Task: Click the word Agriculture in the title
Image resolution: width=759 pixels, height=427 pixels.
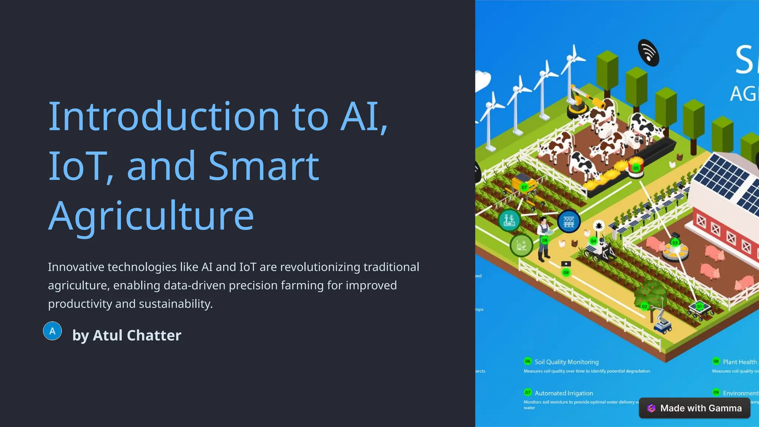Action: (x=151, y=216)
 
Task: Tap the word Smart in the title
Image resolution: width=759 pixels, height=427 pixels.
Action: (x=264, y=166)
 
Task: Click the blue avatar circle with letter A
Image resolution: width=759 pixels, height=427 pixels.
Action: (x=53, y=331)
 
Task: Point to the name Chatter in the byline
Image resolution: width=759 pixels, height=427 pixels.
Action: (x=154, y=335)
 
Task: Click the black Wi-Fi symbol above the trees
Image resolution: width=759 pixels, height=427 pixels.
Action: (x=648, y=53)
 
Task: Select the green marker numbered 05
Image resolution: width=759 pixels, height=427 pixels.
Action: (x=636, y=168)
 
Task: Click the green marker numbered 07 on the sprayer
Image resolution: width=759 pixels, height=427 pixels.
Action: (x=524, y=188)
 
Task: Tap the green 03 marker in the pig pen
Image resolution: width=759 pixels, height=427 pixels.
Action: (x=675, y=243)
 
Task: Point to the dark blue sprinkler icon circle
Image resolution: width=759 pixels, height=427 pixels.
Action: (x=569, y=222)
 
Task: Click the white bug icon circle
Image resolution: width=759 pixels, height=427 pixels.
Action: (x=599, y=225)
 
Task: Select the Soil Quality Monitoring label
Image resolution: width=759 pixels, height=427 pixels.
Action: (x=566, y=362)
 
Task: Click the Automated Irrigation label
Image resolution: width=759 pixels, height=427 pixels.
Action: (x=563, y=393)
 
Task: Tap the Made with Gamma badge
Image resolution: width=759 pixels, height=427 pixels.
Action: (x=695, y=408)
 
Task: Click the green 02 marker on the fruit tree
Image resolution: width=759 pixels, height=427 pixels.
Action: (x=644, y=307)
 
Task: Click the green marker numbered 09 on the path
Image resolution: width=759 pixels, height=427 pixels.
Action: (x=566, y=273)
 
